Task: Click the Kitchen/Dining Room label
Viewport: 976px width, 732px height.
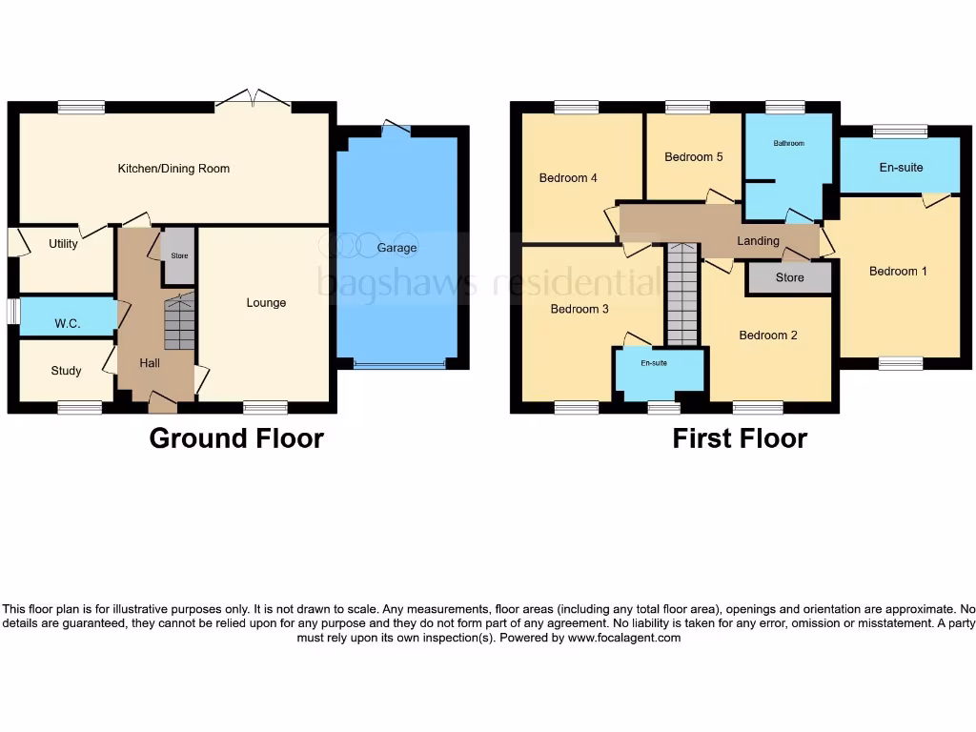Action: pos(173,169)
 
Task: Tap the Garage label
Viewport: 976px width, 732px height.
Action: pos(396,248)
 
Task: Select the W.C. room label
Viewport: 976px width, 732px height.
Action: pos(67,324)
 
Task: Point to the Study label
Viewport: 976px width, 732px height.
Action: pos(67,371)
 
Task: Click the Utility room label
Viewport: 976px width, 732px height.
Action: pos(63,244)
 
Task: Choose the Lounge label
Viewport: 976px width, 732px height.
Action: pos(266,303)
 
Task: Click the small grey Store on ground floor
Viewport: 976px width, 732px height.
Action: pos(179,256)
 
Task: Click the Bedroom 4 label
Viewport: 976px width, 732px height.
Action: pos(568,177)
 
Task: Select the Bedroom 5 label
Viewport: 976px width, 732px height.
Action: pos(694,157)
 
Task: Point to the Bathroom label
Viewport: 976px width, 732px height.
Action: pos(788,144)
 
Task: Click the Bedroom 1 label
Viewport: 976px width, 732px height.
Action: pos(898,272)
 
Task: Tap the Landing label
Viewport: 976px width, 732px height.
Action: pos(758,241)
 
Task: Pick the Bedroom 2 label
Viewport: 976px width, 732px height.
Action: pos(768,335)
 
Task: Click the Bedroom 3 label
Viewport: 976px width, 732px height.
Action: pos(579,310)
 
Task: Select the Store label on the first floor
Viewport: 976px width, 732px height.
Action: pos(789,278)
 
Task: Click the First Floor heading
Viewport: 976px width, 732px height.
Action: pos(740,438)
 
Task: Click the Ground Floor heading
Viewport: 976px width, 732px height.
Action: pos(236,438)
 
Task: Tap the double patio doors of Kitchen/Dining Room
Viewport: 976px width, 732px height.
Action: pos(254,98)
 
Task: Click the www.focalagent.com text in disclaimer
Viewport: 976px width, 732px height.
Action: pos(624,639)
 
